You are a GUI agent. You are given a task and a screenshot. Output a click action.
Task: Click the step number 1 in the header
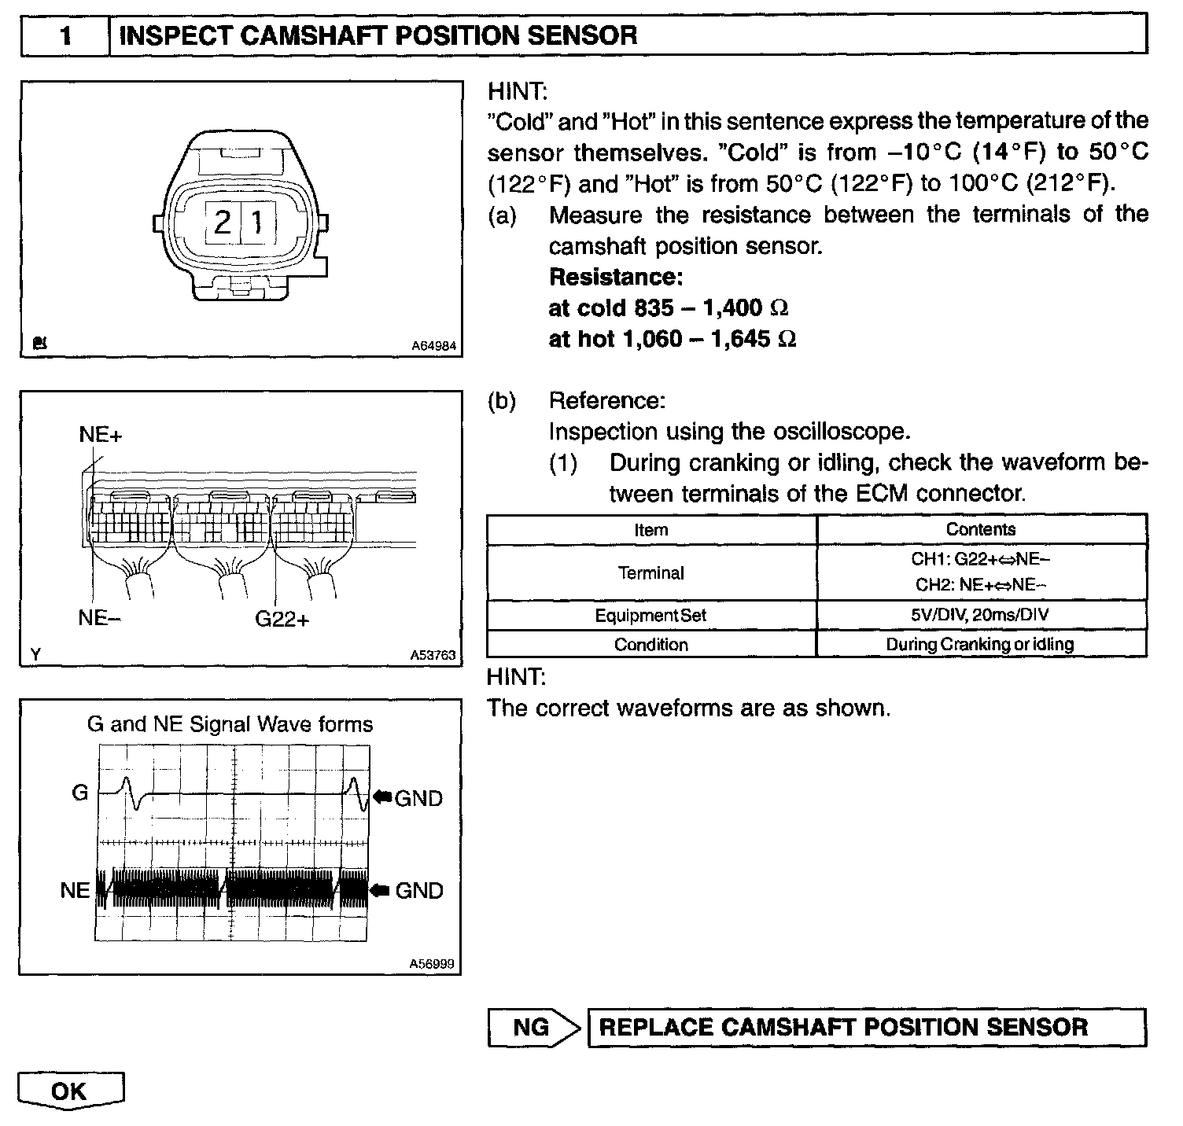(66, 36)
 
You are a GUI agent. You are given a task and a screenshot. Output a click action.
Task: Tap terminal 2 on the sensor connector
(223, 223)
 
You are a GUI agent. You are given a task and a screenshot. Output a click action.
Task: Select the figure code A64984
(433, 346)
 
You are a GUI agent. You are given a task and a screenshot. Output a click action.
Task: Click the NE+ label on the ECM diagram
(101, 435)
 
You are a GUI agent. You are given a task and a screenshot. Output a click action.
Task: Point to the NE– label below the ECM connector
(99, 618)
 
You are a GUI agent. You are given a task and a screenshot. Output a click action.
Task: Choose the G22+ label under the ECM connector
(282, 619)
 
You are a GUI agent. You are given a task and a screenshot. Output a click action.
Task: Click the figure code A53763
(433, 655)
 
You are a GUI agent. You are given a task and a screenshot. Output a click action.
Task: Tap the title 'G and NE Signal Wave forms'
(230, 724)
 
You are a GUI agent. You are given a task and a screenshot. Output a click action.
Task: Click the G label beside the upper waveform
(80, 793)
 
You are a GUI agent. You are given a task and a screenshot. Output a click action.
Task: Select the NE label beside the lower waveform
(76, 890)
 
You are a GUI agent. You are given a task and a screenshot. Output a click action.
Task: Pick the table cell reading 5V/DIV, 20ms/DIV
(980, 615)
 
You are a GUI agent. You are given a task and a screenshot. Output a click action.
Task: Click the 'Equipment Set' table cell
(650, 616)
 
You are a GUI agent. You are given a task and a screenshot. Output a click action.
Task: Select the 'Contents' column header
(980, 529)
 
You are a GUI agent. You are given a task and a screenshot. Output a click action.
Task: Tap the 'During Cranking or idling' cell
(980, 645)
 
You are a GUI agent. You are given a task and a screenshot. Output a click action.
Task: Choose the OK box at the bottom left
(69, 1091)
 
